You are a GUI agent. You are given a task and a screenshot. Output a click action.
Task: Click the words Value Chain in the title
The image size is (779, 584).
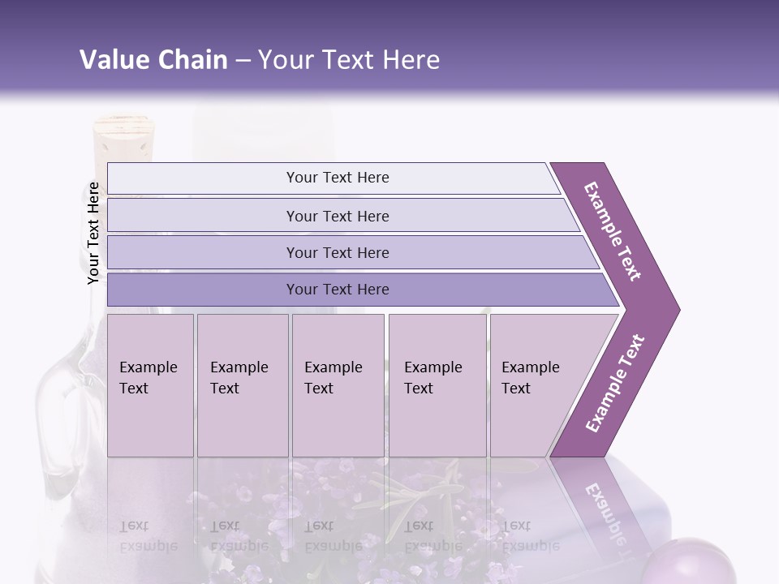point(153,60)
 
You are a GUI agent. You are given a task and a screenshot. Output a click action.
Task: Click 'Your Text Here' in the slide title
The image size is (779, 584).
point(349,60)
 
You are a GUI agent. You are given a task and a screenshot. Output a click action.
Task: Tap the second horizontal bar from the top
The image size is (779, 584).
point(338,216)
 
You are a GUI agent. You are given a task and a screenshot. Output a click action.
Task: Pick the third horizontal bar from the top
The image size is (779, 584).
point(338,252)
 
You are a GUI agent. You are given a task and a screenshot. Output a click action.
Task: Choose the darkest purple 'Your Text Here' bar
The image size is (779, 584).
point(338,290)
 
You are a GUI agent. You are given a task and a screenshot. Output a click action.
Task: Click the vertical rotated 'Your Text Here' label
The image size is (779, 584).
point(93,233)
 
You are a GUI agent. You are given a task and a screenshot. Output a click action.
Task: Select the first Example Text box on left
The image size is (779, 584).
point(150,385)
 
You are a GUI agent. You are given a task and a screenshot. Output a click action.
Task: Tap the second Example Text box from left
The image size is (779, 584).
point(242,385)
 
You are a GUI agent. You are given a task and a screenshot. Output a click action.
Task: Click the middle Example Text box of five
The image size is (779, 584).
point(338,385)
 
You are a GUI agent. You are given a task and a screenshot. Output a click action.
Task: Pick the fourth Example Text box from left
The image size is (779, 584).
point(437,385)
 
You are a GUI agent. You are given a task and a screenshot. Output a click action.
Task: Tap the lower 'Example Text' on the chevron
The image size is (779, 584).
point(614,384)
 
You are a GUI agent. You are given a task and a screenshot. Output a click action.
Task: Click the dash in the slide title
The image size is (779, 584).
point(243,61)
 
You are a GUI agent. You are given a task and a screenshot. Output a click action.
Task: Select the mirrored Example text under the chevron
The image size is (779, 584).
point(605,511)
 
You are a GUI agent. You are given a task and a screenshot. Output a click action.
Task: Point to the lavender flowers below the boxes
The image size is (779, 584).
point(341,495)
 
